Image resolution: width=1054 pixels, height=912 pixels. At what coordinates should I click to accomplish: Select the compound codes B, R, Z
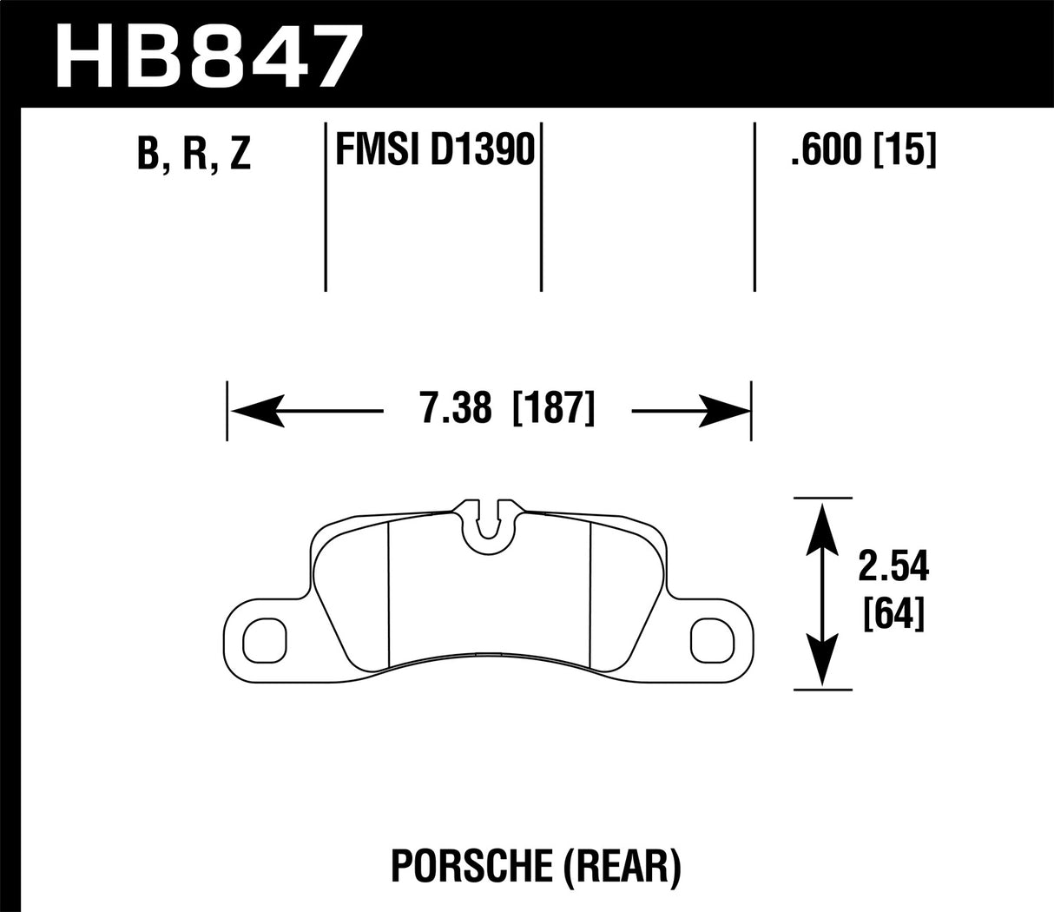(193, 154)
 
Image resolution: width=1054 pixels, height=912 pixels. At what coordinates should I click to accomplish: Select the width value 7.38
(456, 408)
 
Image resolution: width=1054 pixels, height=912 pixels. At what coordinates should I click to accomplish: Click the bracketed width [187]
(554, 408)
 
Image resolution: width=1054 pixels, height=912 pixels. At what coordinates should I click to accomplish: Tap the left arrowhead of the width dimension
(256, 409)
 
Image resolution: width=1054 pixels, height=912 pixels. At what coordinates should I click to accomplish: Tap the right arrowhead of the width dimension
(723, 409)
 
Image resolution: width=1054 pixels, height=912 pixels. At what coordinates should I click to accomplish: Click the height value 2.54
(894, 568)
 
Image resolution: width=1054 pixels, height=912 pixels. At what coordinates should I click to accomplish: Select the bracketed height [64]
(894, 616)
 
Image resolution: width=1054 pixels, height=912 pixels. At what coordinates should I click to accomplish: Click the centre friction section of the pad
(490, 599)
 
